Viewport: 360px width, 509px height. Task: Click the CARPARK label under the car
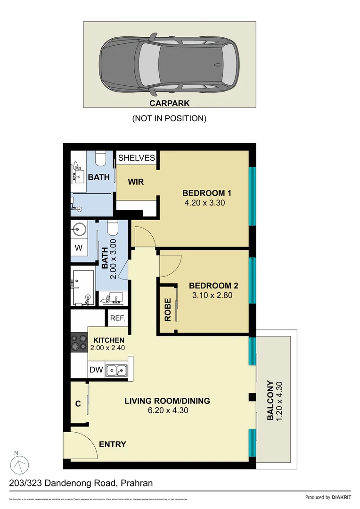(170, 103)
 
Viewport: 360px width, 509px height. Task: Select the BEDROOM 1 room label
(207, 193)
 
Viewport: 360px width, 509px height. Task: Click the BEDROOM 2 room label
(213, 286)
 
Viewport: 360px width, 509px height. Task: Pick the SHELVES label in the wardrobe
(137, 158)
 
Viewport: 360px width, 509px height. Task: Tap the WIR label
(136, 182)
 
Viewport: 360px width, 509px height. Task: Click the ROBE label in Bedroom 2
(168, 309)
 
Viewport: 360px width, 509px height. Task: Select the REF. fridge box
(118, 318)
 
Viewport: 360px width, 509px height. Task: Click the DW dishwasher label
(96, 370)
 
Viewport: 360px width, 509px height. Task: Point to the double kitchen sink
(116, 370)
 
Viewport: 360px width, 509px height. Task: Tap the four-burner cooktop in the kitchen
(78, 342)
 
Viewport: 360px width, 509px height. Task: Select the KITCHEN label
(109, 340)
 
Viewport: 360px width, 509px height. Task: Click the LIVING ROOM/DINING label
(167, 401)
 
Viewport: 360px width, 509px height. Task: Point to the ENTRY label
(113, 444)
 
